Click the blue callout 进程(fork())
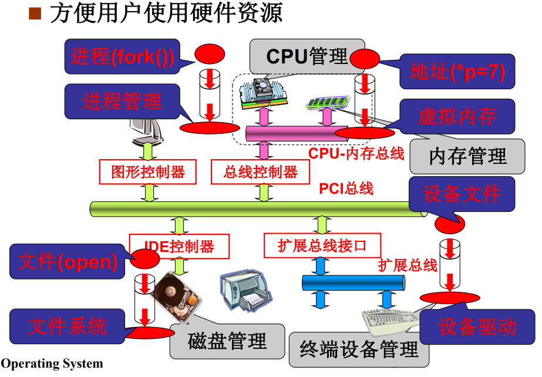pyautogui.click(x=122, y=57)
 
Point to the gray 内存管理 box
pyautogui.click(x=467, y=156)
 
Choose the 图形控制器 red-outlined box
pyautogui.click(x=148, y=172)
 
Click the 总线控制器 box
pyautogui.click(x=261, y=172)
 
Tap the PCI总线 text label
pyautogui.click(x=346, y=188)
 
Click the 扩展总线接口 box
pyautogui.click(x=322, y=245)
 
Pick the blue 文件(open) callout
pyautogui.click(x=68, y=262)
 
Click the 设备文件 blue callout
pyautogui.click(x=462, y=194)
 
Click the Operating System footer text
pyautogui.click(x=52, y=364)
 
